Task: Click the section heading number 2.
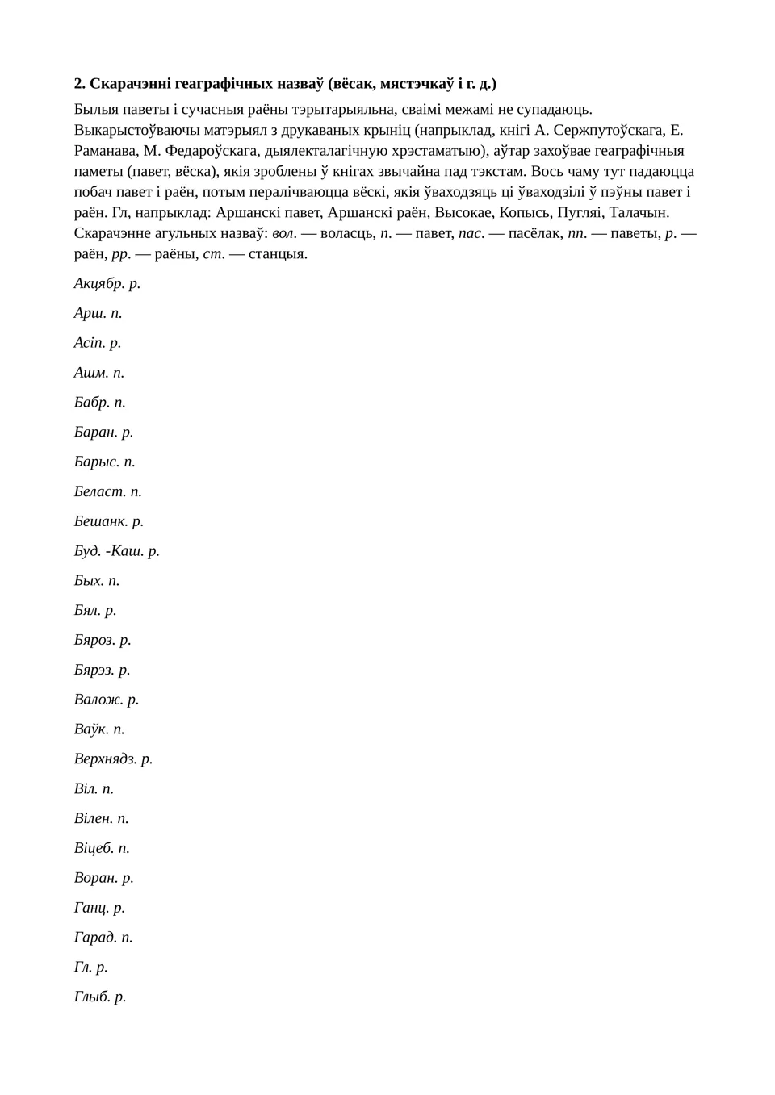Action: tap(79, 84)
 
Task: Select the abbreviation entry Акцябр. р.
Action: tap(107, 283)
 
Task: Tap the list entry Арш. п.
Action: tap(98, 313)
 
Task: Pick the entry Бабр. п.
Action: tap(100, 402)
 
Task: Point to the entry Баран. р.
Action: tap(104, 432)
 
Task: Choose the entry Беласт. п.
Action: tap(108, 491)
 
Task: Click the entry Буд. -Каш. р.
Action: tap(117, 551)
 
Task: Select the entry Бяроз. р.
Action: tap(103, 640)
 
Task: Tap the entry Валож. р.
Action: tap(107, 700)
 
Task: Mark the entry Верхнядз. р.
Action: tap(114, 759)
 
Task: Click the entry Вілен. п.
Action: tap(102, 818)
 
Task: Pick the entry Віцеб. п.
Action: tap(102, 848)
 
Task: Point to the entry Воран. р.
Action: tap(104, 878)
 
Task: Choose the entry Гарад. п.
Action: tap(103, 937)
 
